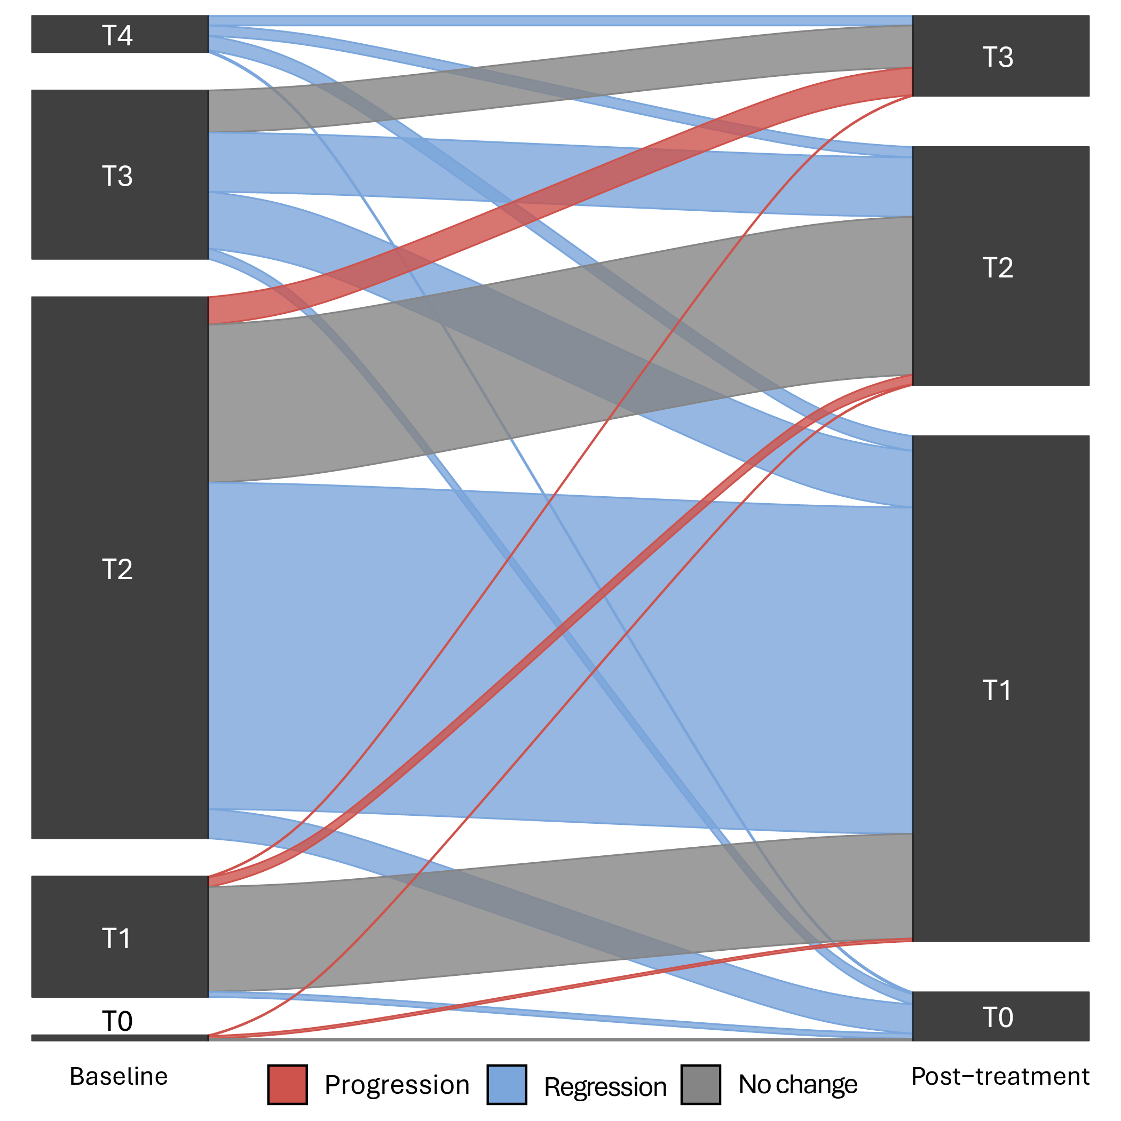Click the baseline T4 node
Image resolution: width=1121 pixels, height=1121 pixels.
click(x=119, y=34)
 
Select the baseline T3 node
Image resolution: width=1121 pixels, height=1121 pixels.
click(x=119, y=174)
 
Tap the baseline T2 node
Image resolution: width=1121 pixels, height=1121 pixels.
click(x=119, y=568)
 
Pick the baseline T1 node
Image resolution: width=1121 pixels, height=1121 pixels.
click(x=119, y=936)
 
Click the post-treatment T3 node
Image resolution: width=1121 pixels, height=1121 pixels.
click(x=1000, y=55)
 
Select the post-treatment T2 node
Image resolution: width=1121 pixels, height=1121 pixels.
click(x=1000, y=266)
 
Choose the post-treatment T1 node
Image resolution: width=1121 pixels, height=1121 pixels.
click(x=1000, y=689)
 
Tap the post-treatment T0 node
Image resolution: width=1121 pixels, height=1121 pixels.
click(x=1000, y=1016)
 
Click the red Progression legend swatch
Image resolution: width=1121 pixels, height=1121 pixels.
click(x=287, y=1084)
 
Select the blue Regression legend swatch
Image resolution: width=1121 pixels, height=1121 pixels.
click(x=507, y=1084)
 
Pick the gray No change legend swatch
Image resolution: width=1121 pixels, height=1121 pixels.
click(x=701, y=1084)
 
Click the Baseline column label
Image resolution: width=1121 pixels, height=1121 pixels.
click(x=119, y=1076)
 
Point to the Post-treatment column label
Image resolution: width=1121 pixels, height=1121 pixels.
click(x=1000, y=1076)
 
